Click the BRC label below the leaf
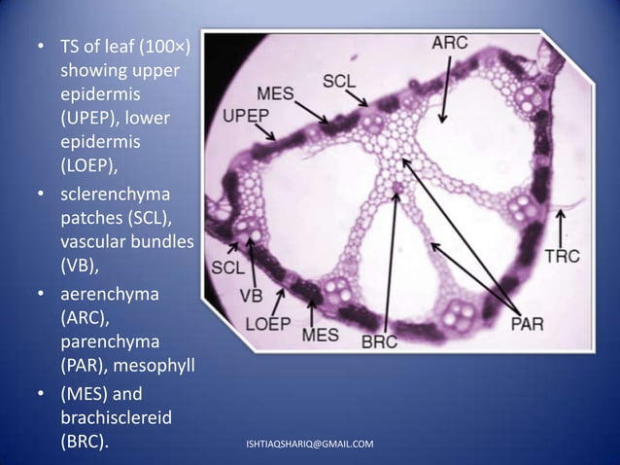(379, 340)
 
